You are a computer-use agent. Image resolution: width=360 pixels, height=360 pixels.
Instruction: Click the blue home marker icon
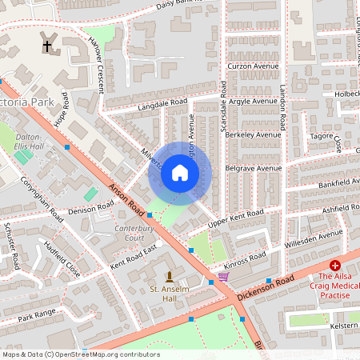pos(180,173)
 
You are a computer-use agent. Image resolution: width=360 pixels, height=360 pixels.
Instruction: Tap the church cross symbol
pos(46,47)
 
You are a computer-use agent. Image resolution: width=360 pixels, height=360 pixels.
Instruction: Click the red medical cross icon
pos(335,265)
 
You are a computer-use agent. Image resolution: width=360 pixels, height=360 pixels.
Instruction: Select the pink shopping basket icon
pos(223,277)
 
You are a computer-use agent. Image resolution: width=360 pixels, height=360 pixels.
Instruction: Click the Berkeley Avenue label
pos(254,136)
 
